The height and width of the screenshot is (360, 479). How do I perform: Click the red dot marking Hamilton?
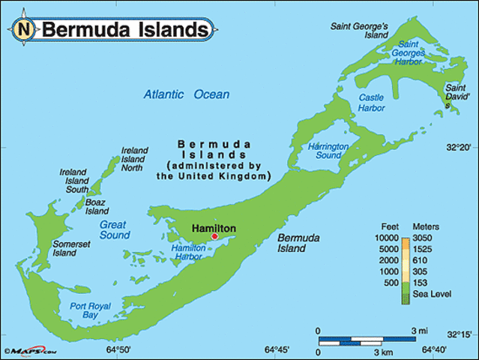[214, 236]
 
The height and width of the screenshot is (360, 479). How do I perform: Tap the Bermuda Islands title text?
[124, 30]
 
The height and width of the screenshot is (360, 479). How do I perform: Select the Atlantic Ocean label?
[187, 94]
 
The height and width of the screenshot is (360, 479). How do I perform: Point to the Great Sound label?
[113, 229]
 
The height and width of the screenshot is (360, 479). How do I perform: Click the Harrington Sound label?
[328, 151]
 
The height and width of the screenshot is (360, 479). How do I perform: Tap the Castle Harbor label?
[371, 103]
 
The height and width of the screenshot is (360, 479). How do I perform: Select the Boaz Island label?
[97, 206]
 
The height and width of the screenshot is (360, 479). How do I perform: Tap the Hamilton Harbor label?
[188, 252]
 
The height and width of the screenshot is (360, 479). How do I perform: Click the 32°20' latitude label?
[458, 148]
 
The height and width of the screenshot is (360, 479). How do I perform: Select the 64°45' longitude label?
[277, 350]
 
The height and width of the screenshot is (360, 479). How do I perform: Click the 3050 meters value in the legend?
[425, 238]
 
